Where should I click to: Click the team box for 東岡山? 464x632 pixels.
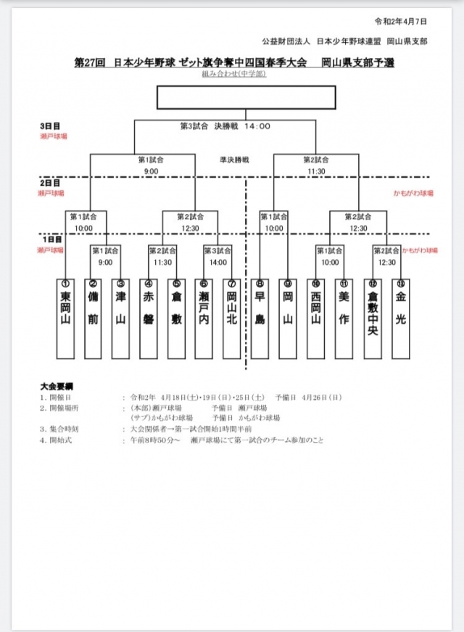click(x=65, y=319)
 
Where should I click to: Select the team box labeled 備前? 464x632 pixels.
click(x=93, y=319)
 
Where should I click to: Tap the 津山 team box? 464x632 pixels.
click(x=120, y=319)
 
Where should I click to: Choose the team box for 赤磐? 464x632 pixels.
click(x=148, y=319)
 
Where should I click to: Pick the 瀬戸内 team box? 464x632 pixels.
click(x=204, y=319)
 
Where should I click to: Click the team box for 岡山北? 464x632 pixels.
click(x=231, y=319)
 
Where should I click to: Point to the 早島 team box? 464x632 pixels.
click(x=260, y=319)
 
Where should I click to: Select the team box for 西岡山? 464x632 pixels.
click(x=315, y=319)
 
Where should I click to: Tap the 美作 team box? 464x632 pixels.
click(x=344, y=319)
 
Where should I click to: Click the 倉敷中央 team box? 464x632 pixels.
click(x=373, y=319)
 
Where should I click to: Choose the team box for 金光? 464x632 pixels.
click(x=400, y=319)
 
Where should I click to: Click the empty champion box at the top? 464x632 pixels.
click(x=246, y=97)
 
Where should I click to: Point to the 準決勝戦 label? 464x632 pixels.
click(x=234, y=159)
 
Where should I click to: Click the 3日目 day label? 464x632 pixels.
click(x=50, y=126)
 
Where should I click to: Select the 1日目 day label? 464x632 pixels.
click(x=50, y=239)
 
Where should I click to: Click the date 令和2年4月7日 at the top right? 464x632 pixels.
click(x=400, y=22)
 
